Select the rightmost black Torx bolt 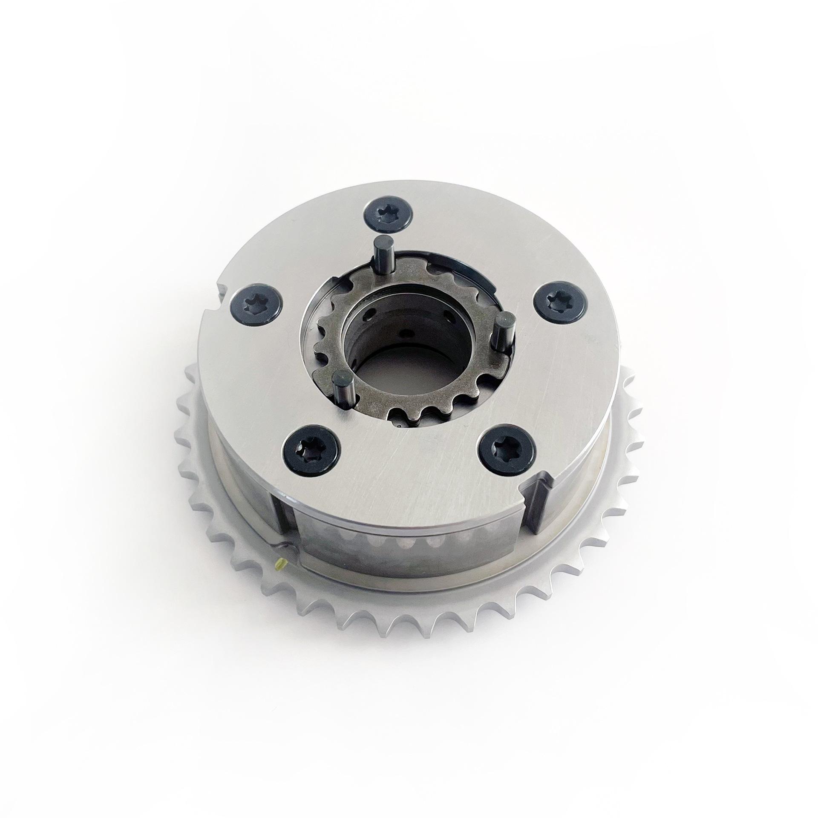pyautogui.click(x=560, y=304)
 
